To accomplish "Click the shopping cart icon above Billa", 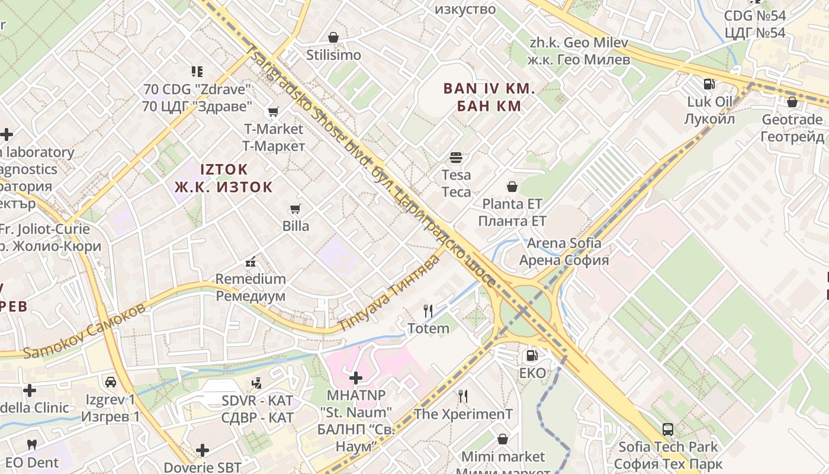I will [295, 209].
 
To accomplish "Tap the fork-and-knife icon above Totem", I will [428, 310].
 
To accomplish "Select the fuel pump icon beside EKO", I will [532, 355].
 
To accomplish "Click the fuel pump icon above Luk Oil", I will [709, 84].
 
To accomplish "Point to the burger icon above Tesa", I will [456, 158].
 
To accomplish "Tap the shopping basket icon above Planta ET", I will [512, 187].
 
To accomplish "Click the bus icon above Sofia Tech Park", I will [668, 430].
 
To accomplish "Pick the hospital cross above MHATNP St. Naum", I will [356, 377].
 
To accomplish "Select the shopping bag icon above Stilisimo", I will [333, 37].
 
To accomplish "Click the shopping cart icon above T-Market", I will [273, 111].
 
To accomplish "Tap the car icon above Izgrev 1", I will [110, 382].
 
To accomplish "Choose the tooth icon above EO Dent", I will [32, 444].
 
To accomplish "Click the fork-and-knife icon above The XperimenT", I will [463, 396].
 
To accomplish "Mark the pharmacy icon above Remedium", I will [250, 261].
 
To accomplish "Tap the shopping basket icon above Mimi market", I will [503, 439].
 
